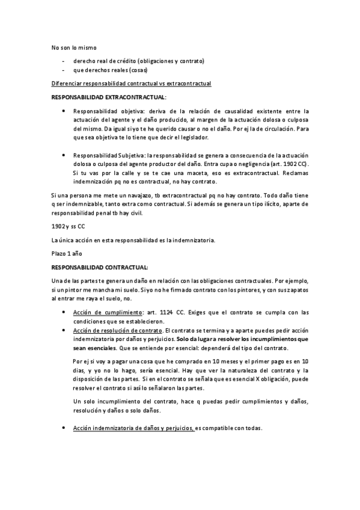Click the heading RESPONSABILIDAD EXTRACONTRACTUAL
pyautogui.click(x=110, y=97)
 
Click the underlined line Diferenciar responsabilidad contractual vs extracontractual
pyautogui.click(x=131, y=83)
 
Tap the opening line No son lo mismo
pyautogui.click(x=75, y=47)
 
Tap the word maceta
pyautogui.click(x=185, y=173)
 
